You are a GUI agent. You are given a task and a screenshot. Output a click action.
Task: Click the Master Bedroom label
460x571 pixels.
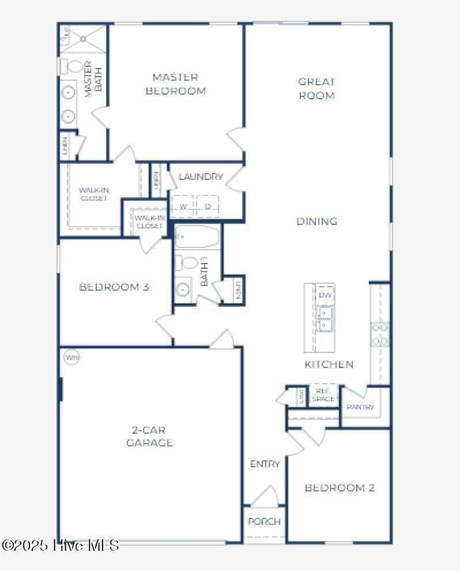coord(175,84)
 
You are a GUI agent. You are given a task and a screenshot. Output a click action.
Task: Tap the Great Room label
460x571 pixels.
coord(316,89)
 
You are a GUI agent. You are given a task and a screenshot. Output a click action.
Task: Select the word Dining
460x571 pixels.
coord(316,221)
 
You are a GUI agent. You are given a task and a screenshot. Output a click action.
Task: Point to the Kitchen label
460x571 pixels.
coord(329,364)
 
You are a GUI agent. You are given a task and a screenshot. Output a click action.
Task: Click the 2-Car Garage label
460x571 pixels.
coord(149,436)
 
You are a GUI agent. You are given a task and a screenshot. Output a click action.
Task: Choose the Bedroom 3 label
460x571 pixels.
coord(114,287)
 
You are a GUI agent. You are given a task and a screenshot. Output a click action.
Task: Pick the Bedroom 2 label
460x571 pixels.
coord(340,487)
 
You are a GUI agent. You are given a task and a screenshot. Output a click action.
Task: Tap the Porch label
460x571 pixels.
coord(264,521)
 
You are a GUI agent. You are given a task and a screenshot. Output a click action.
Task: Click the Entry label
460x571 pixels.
coord(265,464)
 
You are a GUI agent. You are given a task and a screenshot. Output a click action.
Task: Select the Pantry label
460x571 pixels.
coord(360,407)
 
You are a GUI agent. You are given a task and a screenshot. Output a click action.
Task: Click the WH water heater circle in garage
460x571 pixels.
coord(71,358)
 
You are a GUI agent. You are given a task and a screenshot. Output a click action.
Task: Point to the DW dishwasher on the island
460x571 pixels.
coord(325,295)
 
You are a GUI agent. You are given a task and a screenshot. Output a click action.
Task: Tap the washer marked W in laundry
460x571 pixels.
coord(183,206)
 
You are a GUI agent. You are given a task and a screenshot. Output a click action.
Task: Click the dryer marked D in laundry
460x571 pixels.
coord(208,206)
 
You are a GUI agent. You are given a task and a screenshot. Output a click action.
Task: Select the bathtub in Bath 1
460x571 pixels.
coord(197,236)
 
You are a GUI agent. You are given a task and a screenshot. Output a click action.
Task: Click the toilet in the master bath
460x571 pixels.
coord(71,66)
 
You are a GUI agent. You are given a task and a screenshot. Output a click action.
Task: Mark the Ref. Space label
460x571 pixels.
coord(323,395)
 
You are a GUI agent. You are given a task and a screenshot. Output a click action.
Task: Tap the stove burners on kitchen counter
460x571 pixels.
coord(380,334)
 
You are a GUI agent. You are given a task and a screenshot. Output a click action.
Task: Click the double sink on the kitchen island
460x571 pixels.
coord(325,319)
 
